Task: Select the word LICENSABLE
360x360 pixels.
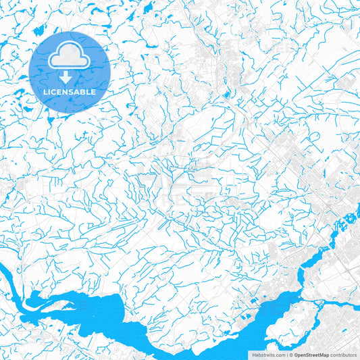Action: (70, 91)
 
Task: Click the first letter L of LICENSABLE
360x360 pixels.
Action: (45, 91)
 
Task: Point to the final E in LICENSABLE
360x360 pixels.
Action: (94, 91)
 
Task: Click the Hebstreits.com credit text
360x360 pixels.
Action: (268, 355)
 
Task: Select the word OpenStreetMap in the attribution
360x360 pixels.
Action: (311, 355)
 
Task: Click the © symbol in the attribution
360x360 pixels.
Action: (291, 355)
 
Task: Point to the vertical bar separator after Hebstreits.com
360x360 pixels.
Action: (286, 355)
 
